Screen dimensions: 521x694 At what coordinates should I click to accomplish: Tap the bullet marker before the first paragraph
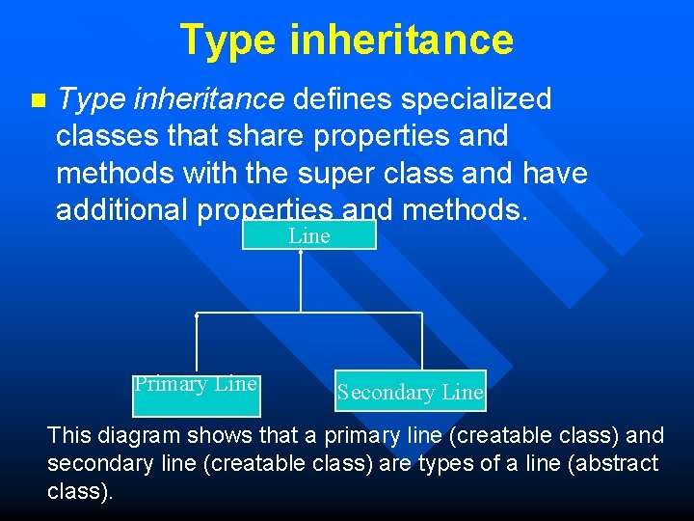(38, 100)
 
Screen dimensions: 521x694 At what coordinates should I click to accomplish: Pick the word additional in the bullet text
(124, 211)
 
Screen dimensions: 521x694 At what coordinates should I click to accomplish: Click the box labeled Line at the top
(308, 235)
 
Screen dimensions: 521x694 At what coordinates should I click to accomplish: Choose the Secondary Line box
(410, 391)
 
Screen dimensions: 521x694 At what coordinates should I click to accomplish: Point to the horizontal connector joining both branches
(308, 314)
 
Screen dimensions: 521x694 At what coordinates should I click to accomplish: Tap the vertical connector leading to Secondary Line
(422, 342)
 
